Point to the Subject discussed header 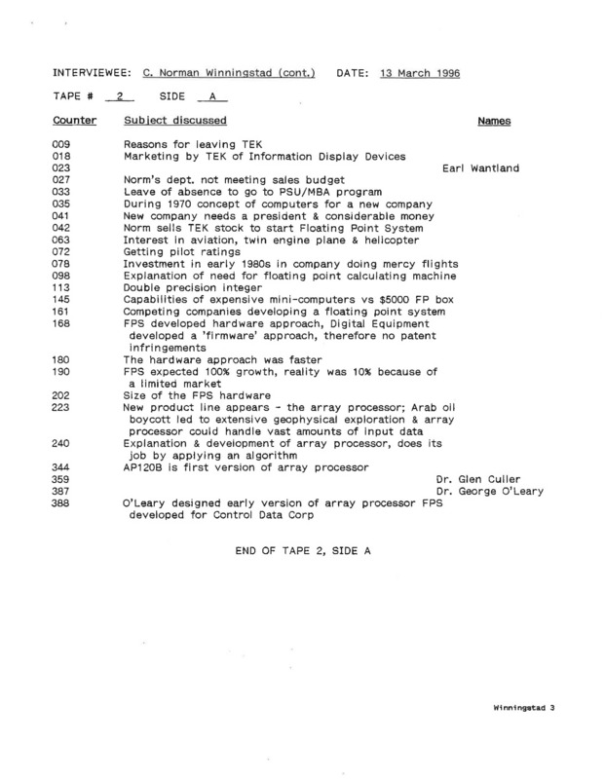(x=175, y=121)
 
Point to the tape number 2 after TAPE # (x=119, y=97)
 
